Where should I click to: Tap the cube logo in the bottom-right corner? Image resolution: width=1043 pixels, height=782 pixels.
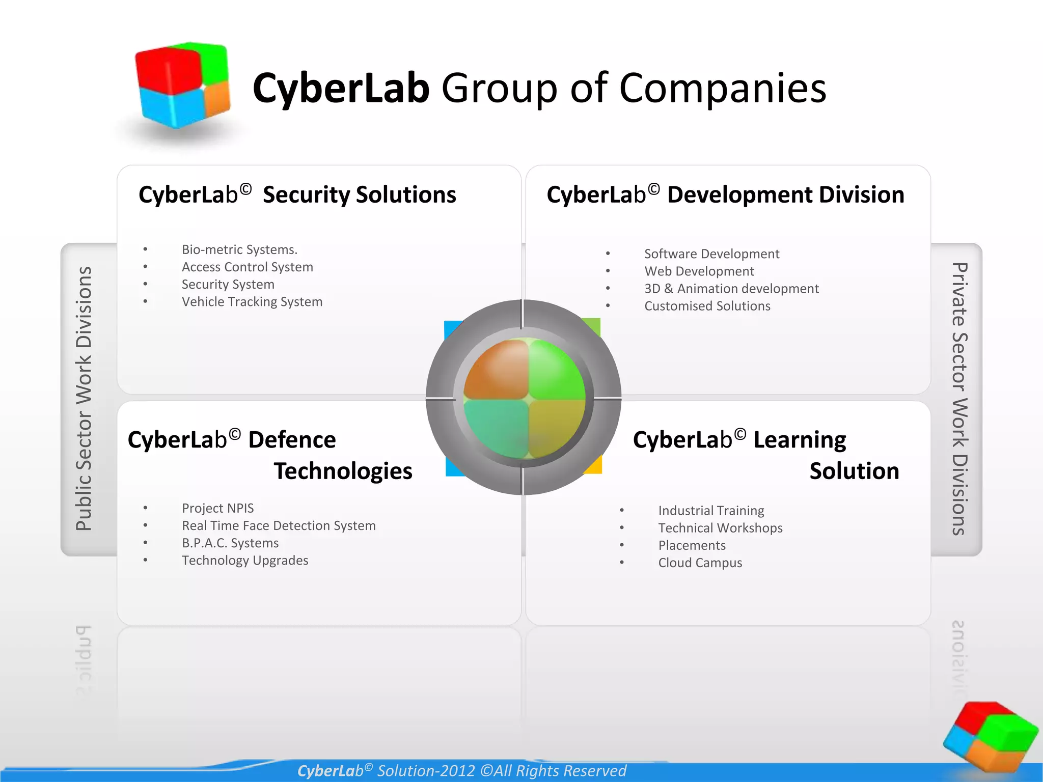pyautogui.click(x=990, y=736)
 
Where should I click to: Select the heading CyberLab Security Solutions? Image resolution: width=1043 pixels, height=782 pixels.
pyautogui.click(x=297, y=194)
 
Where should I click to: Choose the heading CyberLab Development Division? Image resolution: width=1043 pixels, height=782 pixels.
pyautogui.click(x=725, y=194)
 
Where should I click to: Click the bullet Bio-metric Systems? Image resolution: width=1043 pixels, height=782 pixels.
pyautogui.click(x=239, y=249)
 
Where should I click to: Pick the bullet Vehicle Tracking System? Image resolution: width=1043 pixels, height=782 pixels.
pyautogui.click(x=252, y=302)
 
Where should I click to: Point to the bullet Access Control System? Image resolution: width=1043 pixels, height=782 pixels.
pyautogui.click(x=248, y=267)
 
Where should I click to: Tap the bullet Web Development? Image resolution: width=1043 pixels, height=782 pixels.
pyautogui.click(x=699, y=271)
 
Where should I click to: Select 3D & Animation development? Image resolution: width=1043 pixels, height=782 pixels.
pyautogui.click(x=731, y=289)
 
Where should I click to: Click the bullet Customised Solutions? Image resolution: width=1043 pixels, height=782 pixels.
pyautogui.click(x=707, y=306)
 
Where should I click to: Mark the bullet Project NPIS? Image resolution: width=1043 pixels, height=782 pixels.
pyautogui.click(x=218, y=508)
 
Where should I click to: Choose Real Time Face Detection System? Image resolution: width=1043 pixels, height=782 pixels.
pyautogui.click(x=279, y=525)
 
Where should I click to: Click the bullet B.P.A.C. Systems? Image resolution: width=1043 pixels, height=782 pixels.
pyautogui.click(x=230, y=543)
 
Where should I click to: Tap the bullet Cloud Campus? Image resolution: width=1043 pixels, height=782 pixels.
pyautogui.click(x=700, y=563)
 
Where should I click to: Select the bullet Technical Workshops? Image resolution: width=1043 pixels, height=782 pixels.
pyautogui.click(x=720, y=528)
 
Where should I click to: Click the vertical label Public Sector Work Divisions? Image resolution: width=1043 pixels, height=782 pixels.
pyautogui.click(x=84, y=399)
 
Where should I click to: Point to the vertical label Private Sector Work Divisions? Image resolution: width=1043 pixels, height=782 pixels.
pyautogui.click(x=959, y=399)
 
